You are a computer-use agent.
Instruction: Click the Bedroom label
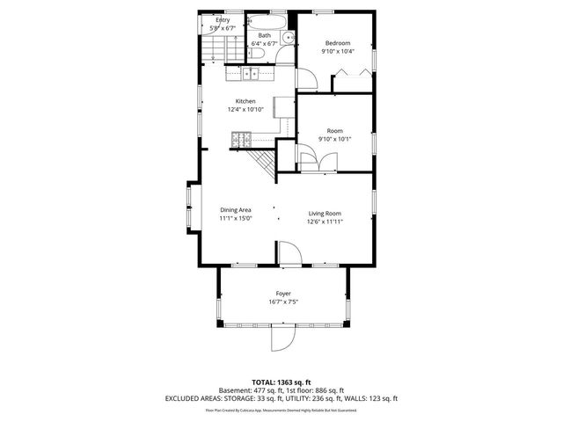click(338, 43)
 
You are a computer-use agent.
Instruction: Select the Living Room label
click(325, 214)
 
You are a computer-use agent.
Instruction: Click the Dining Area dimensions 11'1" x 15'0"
click(236, 219)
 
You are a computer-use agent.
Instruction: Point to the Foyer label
click(283, 294)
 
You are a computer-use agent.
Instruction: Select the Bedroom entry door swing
click(307, 79)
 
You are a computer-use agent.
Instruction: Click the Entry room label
click(223, 19)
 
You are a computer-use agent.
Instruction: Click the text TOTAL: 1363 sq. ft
click(281, 383)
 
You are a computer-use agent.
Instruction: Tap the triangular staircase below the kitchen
click(264, 162)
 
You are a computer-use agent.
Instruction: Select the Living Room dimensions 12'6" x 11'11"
click(325, 222)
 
